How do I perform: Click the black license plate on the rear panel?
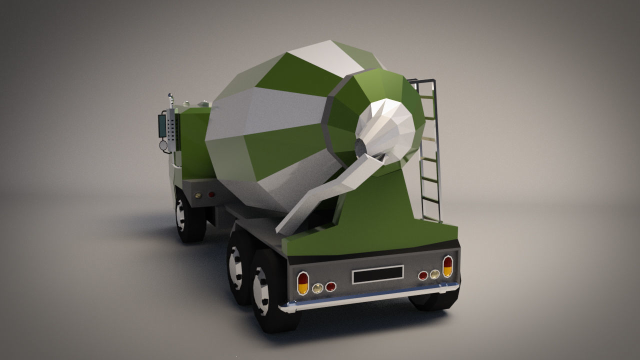coord(377,274)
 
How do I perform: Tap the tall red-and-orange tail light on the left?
coord(302,283)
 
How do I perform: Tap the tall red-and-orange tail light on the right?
coord(447,266)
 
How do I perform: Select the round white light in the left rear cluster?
coord(317,288)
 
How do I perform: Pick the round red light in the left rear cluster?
coord(330,286)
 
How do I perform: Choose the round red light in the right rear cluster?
coord(423,275)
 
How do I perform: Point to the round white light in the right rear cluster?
coord(435,274)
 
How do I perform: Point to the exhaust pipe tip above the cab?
coord(170,96)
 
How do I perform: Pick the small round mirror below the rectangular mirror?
coord(163,145)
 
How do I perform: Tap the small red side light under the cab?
coord(211,194)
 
